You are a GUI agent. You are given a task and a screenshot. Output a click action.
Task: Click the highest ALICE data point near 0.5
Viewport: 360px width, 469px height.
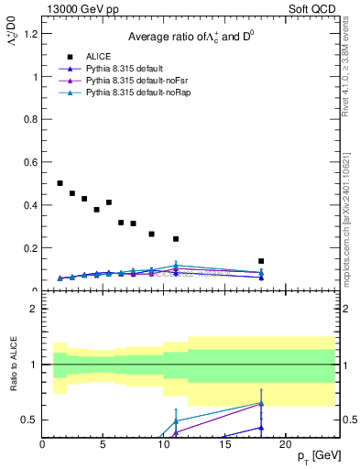pyautogui.click(x=60, y=183)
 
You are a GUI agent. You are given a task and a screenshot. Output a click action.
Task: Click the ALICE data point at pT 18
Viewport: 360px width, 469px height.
pyautogui.click(x=261, y=261)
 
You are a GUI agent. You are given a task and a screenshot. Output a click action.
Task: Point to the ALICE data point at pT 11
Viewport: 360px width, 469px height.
pyautogui.click(x=176, y=239)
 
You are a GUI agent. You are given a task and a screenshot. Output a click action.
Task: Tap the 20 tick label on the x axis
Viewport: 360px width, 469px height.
pyautogui.click(x=285, y=444)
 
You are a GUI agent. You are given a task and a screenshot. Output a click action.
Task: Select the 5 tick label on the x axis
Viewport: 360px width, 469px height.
pyautogui.click(x=104, y=444)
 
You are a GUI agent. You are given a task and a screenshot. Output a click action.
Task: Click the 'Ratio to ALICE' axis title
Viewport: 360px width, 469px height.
pyautogui.click(x=12, y=365)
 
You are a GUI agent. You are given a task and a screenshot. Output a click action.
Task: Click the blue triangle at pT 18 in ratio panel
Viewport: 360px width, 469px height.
pyautogui.click(x=261, y=427)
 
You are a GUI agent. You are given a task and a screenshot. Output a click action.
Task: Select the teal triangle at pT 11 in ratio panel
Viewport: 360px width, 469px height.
pyautogui.click(x=176, y=420)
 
